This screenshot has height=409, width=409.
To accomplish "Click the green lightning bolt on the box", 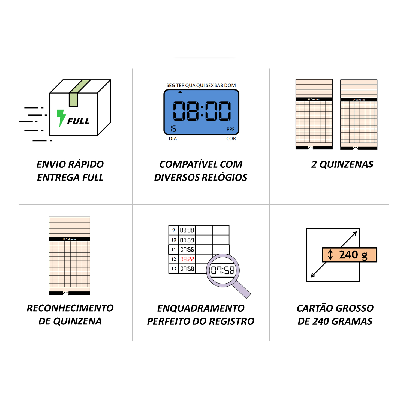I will coord(61,117).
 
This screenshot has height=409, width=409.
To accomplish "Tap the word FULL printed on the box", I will coord(78,121).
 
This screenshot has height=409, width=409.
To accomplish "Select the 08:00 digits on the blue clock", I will coord(202,111).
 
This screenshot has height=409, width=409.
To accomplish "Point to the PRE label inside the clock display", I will coord(230,130).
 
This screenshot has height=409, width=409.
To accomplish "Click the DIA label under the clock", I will coord(173,139).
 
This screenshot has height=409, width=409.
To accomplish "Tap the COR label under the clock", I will coord(231,139).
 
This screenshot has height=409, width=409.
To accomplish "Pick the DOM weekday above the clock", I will coord(230,85).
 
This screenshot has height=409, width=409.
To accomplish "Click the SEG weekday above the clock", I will coord(171,85).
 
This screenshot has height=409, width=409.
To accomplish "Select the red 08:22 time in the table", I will coord(187,259).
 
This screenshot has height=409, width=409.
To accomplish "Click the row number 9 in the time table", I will coord(173,230).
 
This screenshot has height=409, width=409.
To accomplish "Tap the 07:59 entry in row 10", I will coord(187,240).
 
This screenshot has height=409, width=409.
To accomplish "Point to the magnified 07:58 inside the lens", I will coord(223,270).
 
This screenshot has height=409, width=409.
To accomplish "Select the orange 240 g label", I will coord(350,255).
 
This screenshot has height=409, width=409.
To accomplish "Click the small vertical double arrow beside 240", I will coord(330,255).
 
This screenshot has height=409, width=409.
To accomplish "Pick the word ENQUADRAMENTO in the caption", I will coord(201,308).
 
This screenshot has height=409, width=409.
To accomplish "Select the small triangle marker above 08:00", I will coord(180,92).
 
